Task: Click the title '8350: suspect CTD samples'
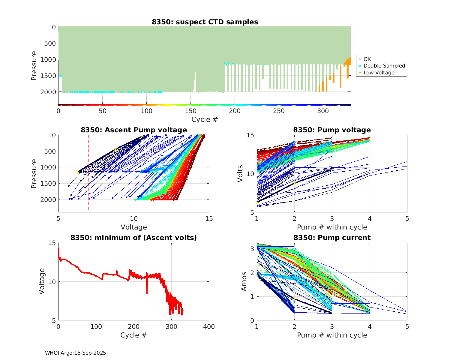205,22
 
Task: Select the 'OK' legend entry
367,59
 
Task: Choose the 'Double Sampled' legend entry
384,66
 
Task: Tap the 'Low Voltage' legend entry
379,73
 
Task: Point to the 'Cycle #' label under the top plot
205,119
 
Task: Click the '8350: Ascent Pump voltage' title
134,130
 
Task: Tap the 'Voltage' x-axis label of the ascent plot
134,227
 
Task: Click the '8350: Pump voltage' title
332,130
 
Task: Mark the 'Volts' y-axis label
240,174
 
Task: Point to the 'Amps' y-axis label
244,281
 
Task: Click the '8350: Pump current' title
332,238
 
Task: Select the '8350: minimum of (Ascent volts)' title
134,238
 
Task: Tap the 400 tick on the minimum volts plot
209,327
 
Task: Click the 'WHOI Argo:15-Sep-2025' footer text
75,353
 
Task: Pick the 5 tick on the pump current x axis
407,327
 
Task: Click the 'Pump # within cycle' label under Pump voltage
332,227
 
